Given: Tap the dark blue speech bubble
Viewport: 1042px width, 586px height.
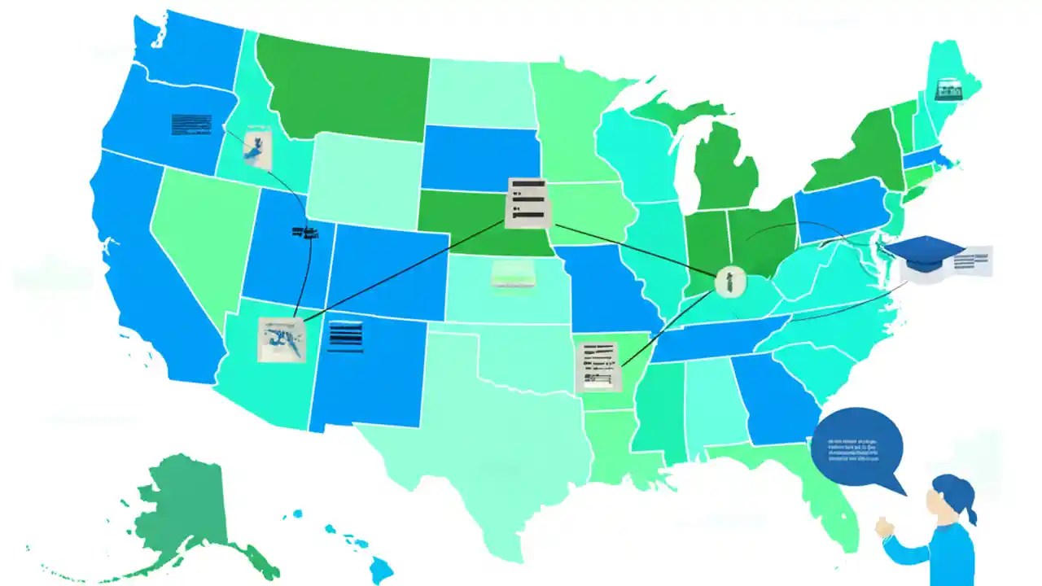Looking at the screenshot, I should (x=857, y=448).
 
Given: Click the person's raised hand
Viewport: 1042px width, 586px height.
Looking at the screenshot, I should (x=885, y=527).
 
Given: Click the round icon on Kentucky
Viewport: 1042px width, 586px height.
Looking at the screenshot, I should (x=729, y=281).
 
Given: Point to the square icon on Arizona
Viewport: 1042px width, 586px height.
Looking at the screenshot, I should (x=281, y=339).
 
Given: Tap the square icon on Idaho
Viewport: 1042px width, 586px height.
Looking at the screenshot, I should (x=257, y=146).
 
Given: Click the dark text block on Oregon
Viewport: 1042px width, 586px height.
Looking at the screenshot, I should (x=192, y=125).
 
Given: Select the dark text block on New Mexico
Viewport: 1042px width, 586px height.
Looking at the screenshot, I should (x=345, y=336).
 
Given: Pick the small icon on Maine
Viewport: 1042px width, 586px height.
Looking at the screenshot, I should (x=949, y=90).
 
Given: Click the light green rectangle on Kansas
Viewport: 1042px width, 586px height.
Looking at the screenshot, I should (x=512, y=273).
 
